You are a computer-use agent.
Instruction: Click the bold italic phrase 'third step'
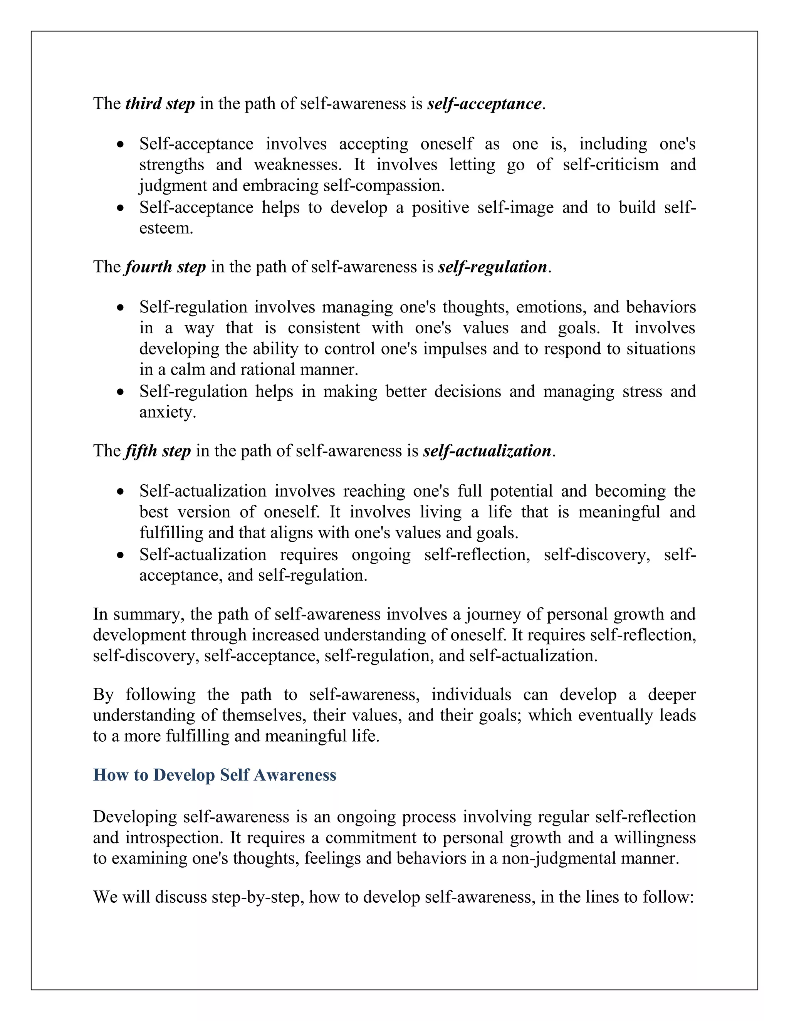tap(160, 103)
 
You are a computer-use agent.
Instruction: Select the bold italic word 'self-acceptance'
tap(484, 103)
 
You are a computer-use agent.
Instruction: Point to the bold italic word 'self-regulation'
tap(492, 267)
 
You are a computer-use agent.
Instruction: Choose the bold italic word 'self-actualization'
tap(487, 451)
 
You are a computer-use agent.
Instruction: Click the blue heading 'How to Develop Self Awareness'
tap(215, 775)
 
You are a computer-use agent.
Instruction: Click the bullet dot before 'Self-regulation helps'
tap(121, 392)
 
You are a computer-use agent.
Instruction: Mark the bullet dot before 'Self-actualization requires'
tap(121, 555)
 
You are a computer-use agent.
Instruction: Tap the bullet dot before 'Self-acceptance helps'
tap(121, 208)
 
